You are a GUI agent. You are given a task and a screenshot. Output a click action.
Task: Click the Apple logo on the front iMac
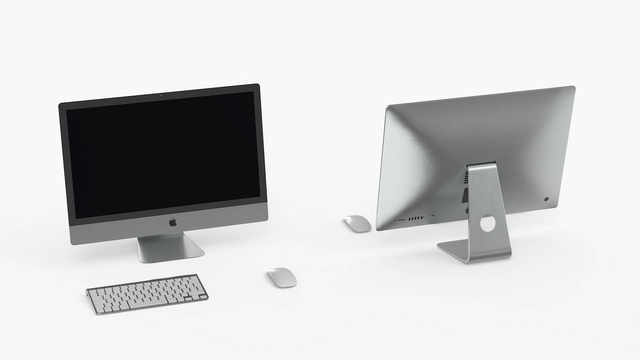173,222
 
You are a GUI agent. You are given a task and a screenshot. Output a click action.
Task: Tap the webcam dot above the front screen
161,95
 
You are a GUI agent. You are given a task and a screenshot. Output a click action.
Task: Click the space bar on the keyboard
148,304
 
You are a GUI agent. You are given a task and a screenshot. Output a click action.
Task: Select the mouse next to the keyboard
282,277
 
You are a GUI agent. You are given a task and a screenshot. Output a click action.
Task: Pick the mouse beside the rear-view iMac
357,223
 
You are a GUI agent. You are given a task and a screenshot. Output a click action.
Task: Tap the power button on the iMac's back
546,199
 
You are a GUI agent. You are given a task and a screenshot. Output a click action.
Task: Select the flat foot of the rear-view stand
453,249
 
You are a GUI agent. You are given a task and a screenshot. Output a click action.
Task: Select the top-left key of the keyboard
92,291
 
